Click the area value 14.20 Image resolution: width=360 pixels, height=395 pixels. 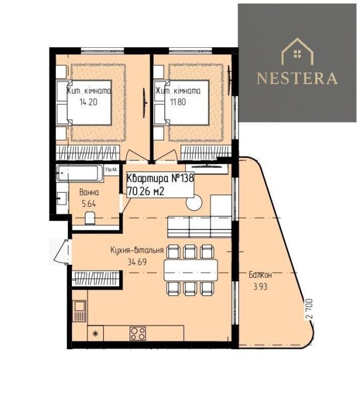pyautogui.click(x=88, y=102)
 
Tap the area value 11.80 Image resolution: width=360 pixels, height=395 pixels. pyautogui.click(x=178, y=102)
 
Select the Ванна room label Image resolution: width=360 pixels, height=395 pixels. pyautogui.click(x=89, y=192)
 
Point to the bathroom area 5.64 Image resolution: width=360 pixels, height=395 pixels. pyautogui.click(x=89, y=203)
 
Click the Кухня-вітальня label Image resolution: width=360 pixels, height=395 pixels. pyautogui.click(x=137, y=250)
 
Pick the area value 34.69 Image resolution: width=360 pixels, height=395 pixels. pyautogui.click(x=137, y=262)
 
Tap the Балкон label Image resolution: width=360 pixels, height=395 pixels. pyautogui.click(x=260, y=275)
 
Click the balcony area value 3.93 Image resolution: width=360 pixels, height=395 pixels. pyautogui.click(x=260, y=287)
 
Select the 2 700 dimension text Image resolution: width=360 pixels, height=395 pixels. pyautogui.click(x=310, y=309)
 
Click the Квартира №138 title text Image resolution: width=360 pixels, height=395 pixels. pyautogui.click(x=160, y=179)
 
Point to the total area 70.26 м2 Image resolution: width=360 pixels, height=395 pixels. pyautogui.click(x=146, y=192)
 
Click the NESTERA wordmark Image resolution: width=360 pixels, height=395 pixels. pyautogui.click(x=297, y=78)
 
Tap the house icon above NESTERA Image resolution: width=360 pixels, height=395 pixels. pyautogui.click(x=298, y=51)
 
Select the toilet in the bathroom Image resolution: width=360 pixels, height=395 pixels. pyautogui.click(x=90, y=218)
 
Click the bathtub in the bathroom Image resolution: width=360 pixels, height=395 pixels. pyautogui.click(x=80, y=173)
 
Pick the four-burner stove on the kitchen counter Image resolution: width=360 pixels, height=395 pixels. pyautogui.click(x=138, y=333)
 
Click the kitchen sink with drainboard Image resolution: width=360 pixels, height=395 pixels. pyautogui.click(x=80, y=311)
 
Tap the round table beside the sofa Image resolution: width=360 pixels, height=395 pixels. pyautogui.click(x=194, y=203)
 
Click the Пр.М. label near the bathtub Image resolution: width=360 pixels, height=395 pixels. pyautogui.click(x=111, y=170)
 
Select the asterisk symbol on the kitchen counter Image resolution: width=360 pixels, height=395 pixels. pyautogui.click(x=95, y=334)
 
